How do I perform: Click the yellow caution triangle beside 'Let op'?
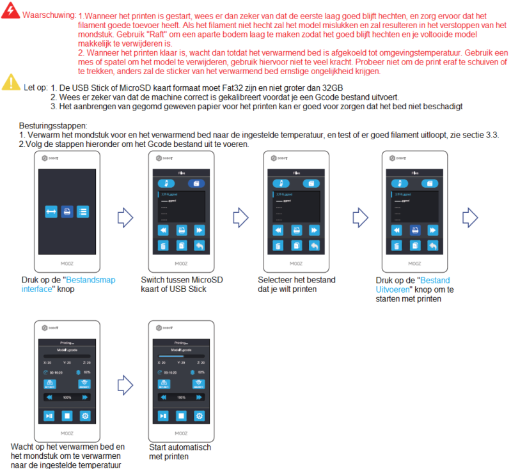click(x=11, y=82)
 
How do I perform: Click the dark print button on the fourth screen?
click(x=415, y=229)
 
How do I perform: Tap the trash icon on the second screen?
click(x=162, y=246)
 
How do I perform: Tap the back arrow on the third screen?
click(x=315, y=246)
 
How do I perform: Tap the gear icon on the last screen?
click(x=200, y=416)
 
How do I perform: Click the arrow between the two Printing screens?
click(x=125, y=384)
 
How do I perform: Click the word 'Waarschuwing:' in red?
click(x=49, y=15)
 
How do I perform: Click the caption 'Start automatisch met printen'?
click(x=180, y=452)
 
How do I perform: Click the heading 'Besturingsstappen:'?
click(x=53, y=127)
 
